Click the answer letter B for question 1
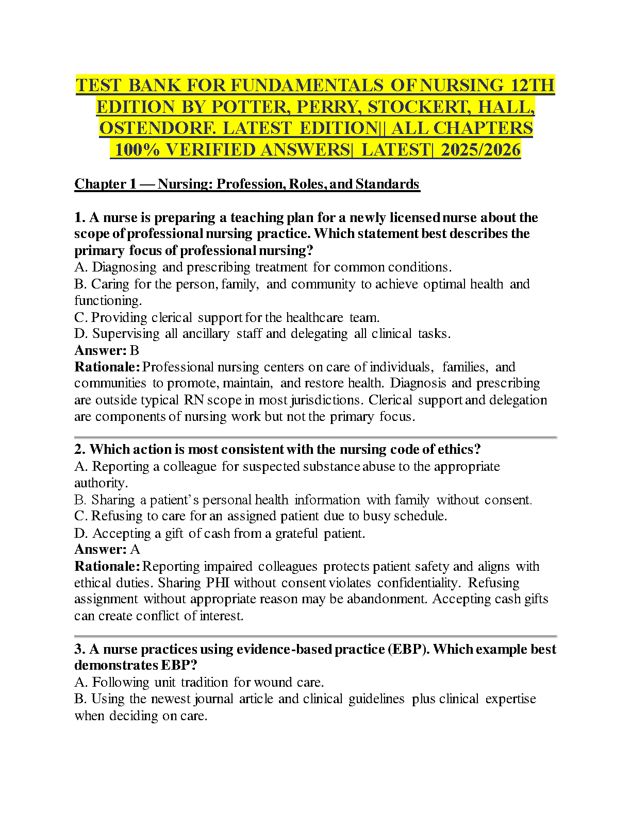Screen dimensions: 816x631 (x=135, y=351)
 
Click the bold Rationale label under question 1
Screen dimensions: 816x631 (x=107, y=367)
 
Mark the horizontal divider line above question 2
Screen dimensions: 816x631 (x=315, y=437)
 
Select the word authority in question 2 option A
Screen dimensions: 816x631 (x=100, y=483)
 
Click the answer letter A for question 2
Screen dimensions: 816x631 (x=135, y=550)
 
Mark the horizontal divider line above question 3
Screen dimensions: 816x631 (x=315, y=637)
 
